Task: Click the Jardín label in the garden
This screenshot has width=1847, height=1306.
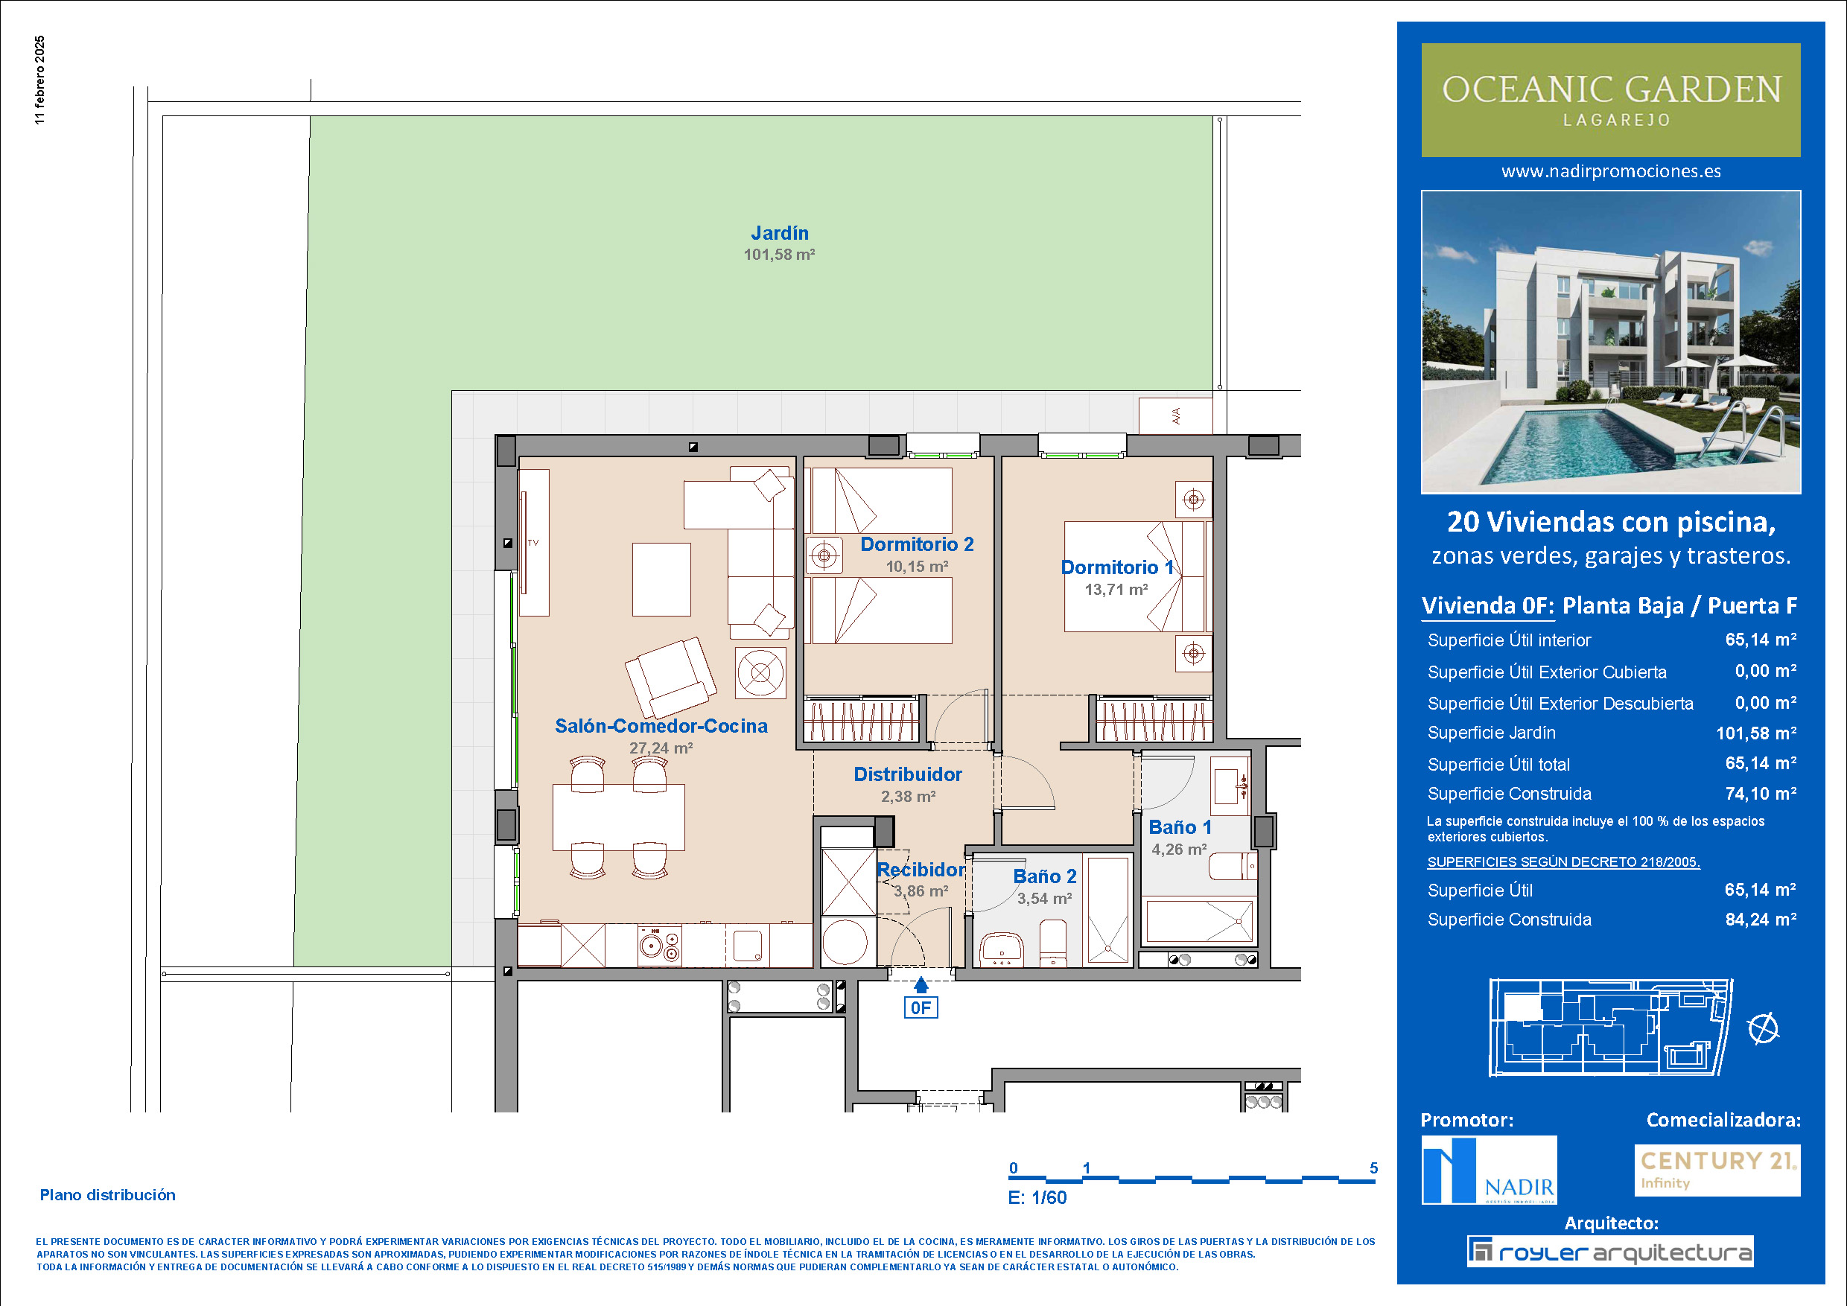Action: click(x=780, y=233)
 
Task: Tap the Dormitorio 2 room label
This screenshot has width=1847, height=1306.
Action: click(x=917, y=544)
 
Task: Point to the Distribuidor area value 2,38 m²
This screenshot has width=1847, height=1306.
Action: click(x=908, y=797)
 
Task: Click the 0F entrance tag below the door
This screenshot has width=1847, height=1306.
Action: click(x=921, y=1007)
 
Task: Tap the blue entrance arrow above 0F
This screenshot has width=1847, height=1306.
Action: click(x=921, y=984)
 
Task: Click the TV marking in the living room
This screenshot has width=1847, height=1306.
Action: click(x=533, y=543)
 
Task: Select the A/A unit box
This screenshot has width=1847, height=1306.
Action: click(x=1175, y=415)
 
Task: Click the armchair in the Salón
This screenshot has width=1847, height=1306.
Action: click(x=671, y=676)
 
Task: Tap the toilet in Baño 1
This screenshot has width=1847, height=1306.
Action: click(x=1233, y=867)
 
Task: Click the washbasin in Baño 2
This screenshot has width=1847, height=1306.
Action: click(x=1002, y=950)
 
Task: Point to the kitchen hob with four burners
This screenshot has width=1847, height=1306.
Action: click(x=660, y=945)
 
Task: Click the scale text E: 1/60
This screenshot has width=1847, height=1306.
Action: click(x=1037, y=1197)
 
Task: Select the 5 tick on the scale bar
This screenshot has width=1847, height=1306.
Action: click(x=1374, y=1168)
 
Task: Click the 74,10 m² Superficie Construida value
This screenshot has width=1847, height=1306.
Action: click(x=1761, y=794)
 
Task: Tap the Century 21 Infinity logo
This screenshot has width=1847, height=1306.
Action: click(x=1717, y=1170)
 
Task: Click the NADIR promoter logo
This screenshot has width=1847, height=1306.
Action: click(x=1489, y=1170)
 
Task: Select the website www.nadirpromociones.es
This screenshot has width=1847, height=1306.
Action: click(x=1612, y=171)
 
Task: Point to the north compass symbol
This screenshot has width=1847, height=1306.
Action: click(x=1764, y=1028)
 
